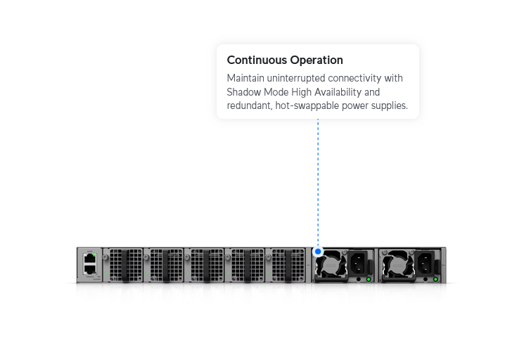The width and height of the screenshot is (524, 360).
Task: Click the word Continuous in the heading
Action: tap(257, 60)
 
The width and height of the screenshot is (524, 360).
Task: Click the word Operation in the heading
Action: tap(317, 60)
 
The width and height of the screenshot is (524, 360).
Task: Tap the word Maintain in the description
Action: tap(245, 78)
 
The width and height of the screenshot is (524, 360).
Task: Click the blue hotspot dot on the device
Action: tap(318, 252)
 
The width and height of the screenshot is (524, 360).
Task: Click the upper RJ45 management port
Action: tap(90, 259)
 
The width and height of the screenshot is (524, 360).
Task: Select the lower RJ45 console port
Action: tap(90, 269)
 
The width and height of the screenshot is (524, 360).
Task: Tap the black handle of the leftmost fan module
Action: tap(125, 266)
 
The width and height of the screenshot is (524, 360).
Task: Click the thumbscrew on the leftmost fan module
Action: tap(106, 257)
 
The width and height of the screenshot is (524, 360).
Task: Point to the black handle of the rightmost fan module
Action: tap(288, 266)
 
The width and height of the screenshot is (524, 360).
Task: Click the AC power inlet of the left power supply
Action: tap(357, 263)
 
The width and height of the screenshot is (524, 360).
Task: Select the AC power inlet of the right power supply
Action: tap(424, 263)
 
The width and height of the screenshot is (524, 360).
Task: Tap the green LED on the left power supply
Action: tap(369, 279)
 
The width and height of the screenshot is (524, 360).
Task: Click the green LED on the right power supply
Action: tap(435, 279)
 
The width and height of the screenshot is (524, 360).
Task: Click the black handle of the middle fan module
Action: tap(207, 266)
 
